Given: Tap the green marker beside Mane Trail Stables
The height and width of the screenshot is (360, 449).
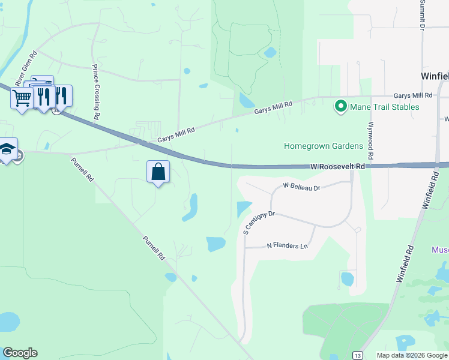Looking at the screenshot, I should [x=341, y=107].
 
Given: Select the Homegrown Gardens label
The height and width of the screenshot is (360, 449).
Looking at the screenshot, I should [x=324, y=146].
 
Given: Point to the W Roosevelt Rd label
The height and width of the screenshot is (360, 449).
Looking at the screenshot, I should [x=338, y=166].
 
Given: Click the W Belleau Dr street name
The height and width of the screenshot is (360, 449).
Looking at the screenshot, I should [x=302, y=188].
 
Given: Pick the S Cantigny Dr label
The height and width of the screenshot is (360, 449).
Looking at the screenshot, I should [x=259, y=222].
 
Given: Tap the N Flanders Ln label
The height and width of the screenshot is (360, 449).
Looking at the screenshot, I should [x=287, y=246].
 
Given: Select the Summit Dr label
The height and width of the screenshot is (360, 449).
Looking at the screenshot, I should [x=422, y=15].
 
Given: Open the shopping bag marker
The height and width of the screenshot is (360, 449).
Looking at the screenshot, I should [x=158, y=172].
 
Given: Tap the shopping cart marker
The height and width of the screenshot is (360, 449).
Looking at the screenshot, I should [x=22, y=98].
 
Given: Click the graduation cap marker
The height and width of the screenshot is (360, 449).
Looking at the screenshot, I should [x=7, y=149].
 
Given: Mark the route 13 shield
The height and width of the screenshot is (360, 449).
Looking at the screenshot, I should [x=358, y=355].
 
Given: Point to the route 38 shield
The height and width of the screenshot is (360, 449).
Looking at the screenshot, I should [x=56, y=112].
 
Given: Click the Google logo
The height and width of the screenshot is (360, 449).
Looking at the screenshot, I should [x=20, y=353].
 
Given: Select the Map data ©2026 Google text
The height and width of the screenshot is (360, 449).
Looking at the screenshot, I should [x=412, y=355].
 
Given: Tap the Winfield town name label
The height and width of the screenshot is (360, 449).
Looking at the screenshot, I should [x=433, y=76].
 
